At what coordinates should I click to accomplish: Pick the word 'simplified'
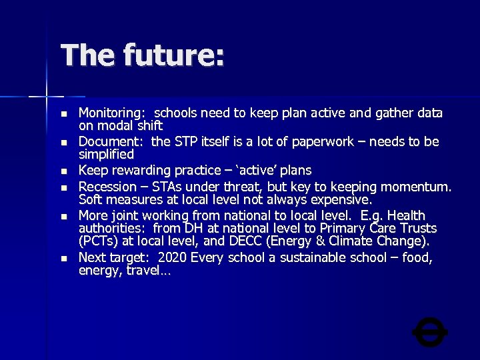106,154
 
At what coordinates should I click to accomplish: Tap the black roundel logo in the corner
430,332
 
